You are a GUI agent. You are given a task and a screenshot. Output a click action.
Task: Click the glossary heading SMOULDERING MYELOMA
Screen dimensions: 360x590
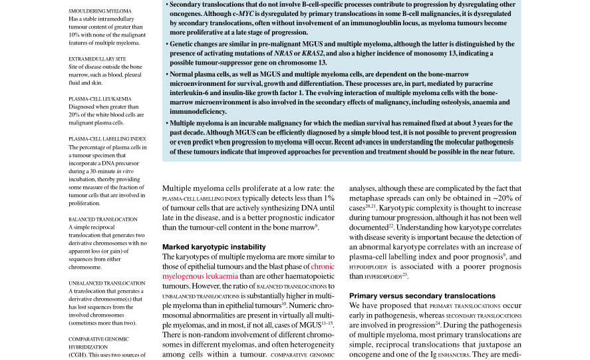[x=100, y=11]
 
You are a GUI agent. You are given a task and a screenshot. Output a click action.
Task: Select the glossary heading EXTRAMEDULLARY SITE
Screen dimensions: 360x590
[x=97, y=59]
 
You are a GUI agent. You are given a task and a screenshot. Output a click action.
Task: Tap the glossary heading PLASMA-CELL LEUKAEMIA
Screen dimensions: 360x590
[x=100, y=99]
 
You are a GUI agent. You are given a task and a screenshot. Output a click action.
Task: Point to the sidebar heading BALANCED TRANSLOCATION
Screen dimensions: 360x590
[x=103, y=219]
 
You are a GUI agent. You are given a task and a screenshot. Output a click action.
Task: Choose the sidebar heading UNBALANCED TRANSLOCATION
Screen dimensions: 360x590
[x=106, y=283]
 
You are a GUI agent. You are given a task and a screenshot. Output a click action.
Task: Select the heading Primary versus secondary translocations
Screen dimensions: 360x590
[x=422, y=295]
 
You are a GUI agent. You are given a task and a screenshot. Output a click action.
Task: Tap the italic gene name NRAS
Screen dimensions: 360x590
[x=285, y=53]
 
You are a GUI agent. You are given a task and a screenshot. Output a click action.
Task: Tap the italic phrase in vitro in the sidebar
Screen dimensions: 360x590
[x=124, y=171]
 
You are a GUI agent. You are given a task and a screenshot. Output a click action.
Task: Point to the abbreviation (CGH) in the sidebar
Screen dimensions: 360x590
[x=77, y=355]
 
